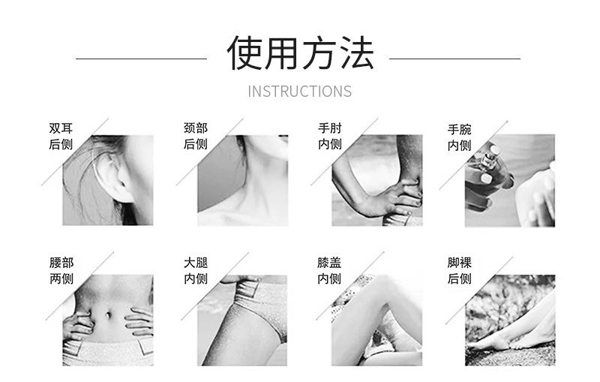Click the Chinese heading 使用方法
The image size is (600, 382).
(x=300, y=53)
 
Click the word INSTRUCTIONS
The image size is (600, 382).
(x=299, y=92)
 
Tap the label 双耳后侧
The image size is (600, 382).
(x=61, y=136)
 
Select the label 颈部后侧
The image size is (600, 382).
(x=196, y=136)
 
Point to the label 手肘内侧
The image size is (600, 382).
(x=330, y=136)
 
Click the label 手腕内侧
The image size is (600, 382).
(x=459, y=137)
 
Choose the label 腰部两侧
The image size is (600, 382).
(x=61, y=271)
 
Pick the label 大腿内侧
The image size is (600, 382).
(x=196, y=271)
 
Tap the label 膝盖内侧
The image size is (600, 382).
(x=329, y=271)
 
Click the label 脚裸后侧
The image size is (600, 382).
(x=459, y=271)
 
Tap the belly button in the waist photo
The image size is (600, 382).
(x=109, y=315)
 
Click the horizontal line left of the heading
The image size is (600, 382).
(x=142, y=59)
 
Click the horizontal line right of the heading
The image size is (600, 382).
(x=454, y=59)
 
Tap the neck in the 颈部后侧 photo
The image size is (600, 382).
(x=260, y=173)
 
